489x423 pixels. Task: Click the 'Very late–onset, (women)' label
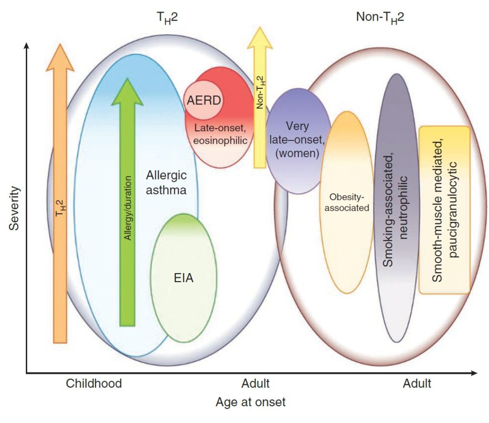pyautogui.click(x=298, y=140)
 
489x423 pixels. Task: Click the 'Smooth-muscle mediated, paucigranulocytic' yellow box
pyautogui.click(x=444, y=210)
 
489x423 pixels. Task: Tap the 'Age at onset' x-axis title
pyautogui.click(x=250, y=402)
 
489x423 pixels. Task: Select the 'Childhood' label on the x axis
pyautogui.click(x=94, y=383)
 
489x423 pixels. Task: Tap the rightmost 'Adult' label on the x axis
pyautogui.click(x=417, y=383)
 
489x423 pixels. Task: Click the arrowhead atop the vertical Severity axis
pyautogui.click(x=27, y=46)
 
